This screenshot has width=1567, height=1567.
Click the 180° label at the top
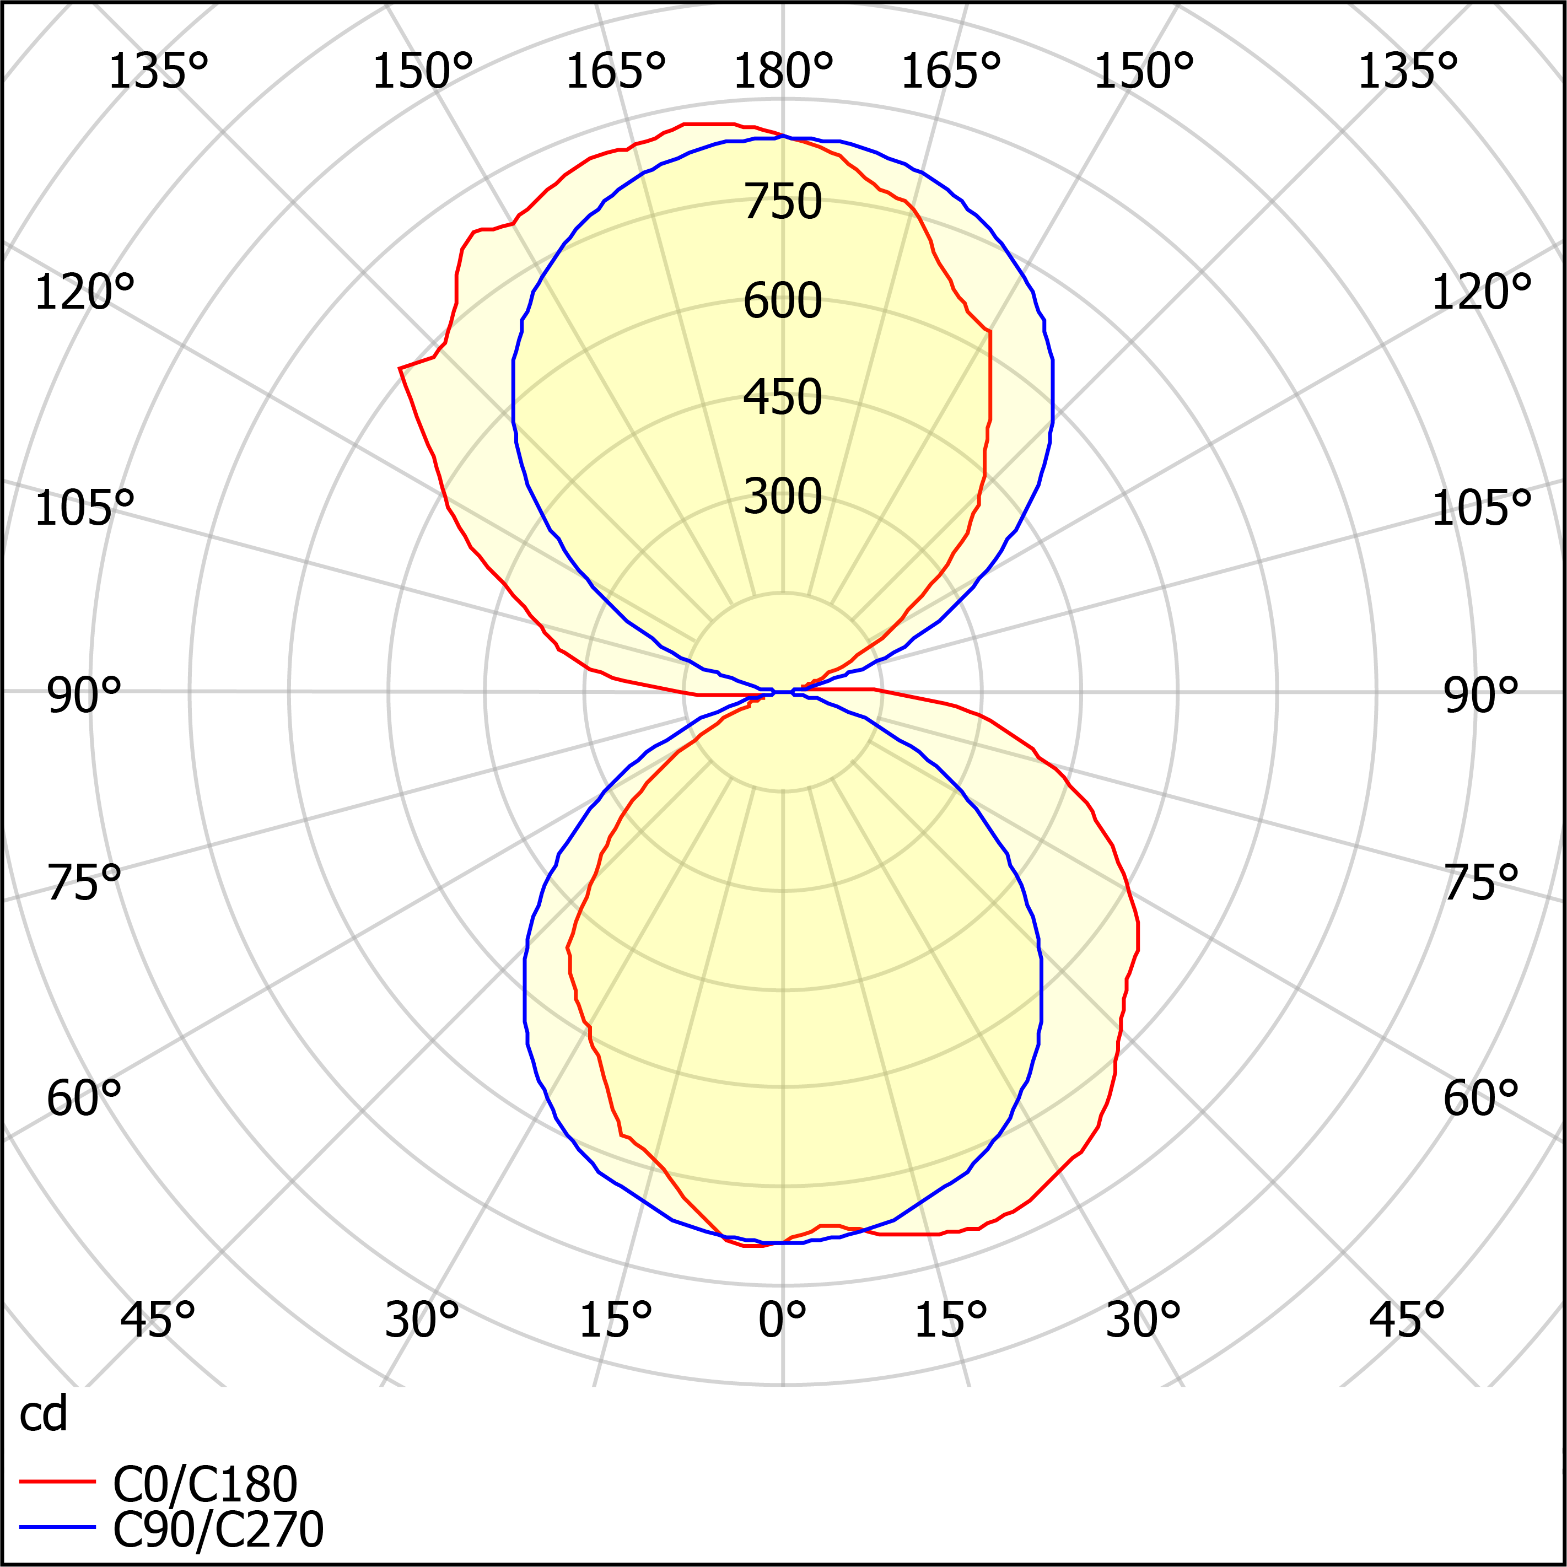[783, 71]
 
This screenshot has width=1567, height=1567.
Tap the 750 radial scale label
[783, 201]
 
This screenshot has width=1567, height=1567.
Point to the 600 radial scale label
[783, 301]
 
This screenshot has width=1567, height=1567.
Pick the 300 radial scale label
[783, 497]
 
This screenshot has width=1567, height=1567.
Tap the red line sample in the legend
[57, 1482]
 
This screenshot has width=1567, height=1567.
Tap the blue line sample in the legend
[57, 1527]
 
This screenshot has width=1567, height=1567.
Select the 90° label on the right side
[1480, 696]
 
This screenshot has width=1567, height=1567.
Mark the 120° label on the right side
[1480, 293]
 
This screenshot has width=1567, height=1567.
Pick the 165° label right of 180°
[951, 71]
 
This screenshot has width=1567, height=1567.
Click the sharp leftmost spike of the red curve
[400, 368]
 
